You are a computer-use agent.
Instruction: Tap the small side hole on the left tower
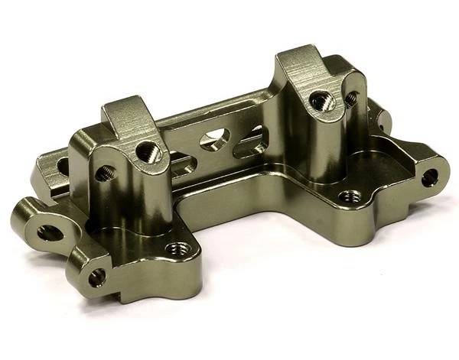pyautogui.click(x=102, y=174)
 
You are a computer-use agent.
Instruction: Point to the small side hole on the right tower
pyautogui.click(x=351, y=99)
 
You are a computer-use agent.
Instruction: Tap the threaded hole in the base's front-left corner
pyautogui.click(x=179, y=249)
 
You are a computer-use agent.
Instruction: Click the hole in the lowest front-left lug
pyautogui.click(x=97, y=277)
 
